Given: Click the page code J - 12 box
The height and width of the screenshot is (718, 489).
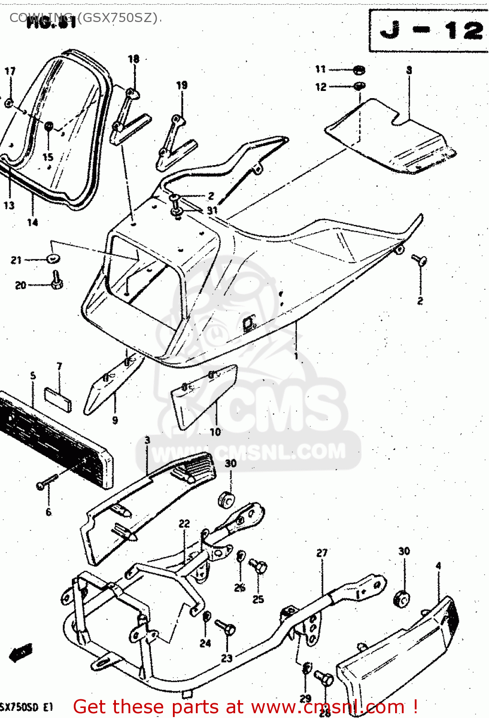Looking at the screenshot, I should click(x=429, y=31).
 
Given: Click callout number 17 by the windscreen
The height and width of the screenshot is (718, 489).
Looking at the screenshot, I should click(x=10, y=71).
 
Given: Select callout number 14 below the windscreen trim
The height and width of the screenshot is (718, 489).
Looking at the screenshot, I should click(x=32, y=222).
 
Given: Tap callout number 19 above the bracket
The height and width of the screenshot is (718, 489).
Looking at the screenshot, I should click(x=182, y=85).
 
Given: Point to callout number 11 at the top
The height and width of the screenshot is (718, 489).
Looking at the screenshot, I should click(x=320, y=69).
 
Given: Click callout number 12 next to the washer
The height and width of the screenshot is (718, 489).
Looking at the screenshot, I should click(x=320, y=87).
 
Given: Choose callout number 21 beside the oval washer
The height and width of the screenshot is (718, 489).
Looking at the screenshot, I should click(x=16, y=260).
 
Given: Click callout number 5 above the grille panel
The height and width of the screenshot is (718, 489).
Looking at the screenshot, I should click(x=33, y=376).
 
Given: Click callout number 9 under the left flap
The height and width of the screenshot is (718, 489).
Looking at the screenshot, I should click(x=115, y=420).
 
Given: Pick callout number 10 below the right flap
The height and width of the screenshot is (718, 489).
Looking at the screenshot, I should click(x=215, y=432).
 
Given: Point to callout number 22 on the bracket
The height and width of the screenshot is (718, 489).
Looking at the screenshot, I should click(x=184, y=524).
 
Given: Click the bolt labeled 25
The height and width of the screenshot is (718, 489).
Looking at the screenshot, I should click(x=259, y=568).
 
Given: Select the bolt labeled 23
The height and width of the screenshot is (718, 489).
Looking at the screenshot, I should click(x=226, y=628).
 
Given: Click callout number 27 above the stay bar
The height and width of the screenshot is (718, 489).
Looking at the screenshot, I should click(x=322, y=553).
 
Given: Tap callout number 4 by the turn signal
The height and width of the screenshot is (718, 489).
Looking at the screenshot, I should click(x=438, y=566).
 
